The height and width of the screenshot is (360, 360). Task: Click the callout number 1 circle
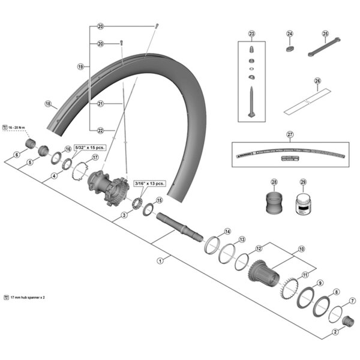coord(160,260)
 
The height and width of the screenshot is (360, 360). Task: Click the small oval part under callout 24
coord(290,50)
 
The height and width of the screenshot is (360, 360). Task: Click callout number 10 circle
coord(301,248)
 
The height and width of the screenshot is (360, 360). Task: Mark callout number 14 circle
coord(227,231)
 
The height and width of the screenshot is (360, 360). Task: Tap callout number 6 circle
coord(17,154)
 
